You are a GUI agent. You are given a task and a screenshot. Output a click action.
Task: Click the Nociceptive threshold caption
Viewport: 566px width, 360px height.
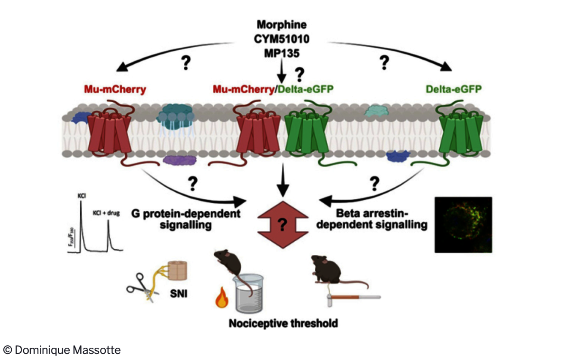(x=283, y=324)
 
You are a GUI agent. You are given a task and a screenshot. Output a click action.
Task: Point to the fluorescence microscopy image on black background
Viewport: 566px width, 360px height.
(x=463, y=224)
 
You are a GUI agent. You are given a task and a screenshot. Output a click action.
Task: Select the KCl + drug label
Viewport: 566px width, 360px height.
(x=106, y=213)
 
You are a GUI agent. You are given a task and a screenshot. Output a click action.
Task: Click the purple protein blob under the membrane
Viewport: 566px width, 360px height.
(x=180, y=160)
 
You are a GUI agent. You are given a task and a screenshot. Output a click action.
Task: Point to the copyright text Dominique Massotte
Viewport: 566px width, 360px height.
(x=62, y=350)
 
